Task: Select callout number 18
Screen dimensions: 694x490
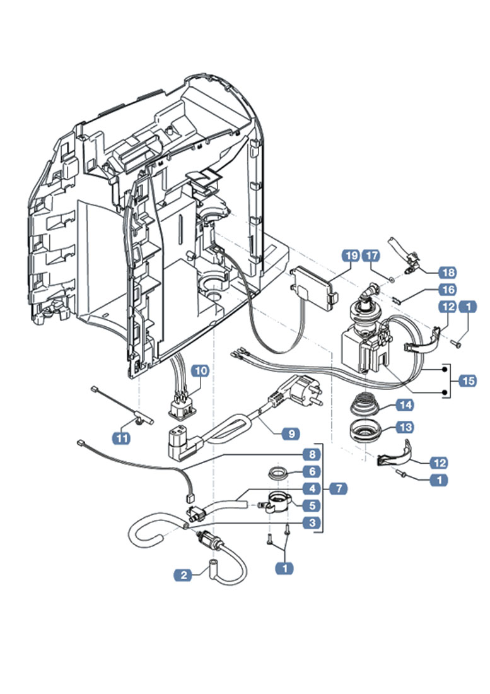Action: tap(447, 273)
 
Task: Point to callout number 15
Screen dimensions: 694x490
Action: tap(468, 380)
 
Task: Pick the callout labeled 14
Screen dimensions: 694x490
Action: tap(404, 405)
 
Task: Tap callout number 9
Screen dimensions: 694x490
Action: tap(291, 433)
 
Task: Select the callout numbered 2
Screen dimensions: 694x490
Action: tap(184, 574)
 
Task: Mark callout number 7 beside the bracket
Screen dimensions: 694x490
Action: tap(338, 488)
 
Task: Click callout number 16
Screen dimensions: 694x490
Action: tap(447, 290)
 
